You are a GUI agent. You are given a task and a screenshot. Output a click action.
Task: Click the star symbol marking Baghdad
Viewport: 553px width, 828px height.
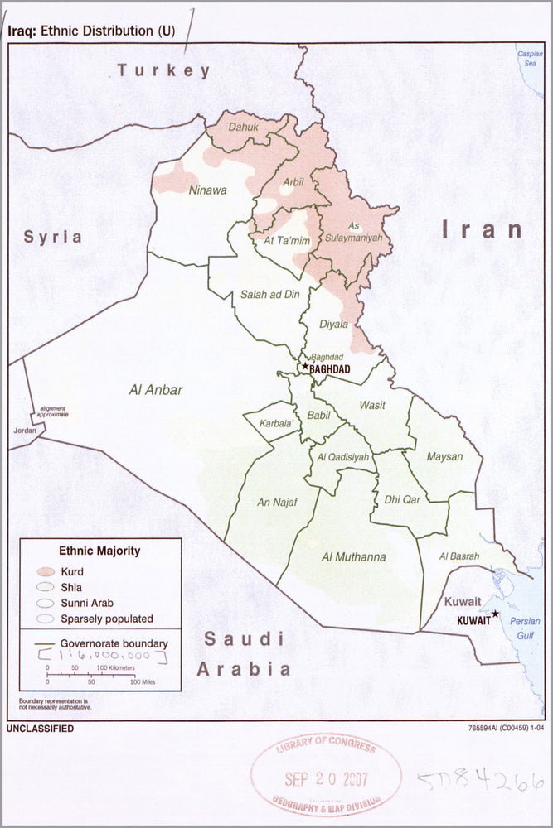(305, 366)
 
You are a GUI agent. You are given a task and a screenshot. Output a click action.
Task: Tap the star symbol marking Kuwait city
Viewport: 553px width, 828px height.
(495, 614)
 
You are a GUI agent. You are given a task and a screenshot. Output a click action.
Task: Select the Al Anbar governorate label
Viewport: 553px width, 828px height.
(155, 390)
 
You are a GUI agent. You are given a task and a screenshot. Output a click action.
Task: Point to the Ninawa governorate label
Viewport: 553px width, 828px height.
(207, 190)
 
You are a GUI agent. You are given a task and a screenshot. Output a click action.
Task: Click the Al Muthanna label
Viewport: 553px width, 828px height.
(353, 557)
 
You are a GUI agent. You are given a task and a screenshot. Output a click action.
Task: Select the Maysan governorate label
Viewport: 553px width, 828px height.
(444, 456)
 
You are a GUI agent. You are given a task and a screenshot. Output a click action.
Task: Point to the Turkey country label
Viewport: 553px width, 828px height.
(163, 70)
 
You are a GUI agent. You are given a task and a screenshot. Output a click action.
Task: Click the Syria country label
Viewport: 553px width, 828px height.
(52, 237)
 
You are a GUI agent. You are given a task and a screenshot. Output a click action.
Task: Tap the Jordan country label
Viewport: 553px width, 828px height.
(24, 431)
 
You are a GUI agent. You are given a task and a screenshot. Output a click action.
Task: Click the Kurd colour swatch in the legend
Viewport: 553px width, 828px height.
(46, 572)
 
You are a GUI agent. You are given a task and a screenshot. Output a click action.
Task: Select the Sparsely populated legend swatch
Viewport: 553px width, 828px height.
(46, 619)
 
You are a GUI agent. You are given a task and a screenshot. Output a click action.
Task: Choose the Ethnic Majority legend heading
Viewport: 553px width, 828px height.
(99, 551)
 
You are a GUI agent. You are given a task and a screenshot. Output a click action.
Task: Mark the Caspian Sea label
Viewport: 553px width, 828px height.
(530, 58)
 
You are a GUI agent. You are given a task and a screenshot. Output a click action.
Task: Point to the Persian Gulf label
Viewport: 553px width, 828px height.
(524, 627)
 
